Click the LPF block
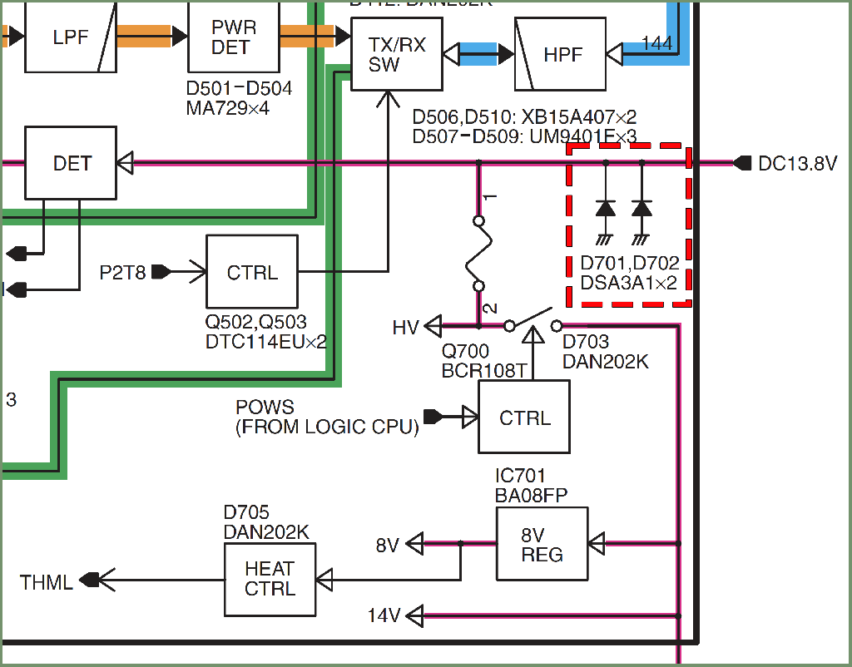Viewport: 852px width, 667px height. coord(70,37)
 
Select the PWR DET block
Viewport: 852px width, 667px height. coord(233,37)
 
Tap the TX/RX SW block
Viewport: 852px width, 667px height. coord(396,55)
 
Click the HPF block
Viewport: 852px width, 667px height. coord(561,54)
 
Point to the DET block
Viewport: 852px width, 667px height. coord(71,163)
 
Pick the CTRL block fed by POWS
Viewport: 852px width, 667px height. coord(524,417)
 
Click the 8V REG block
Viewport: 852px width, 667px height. coord(542,544)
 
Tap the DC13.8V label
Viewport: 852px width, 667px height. coord(797,164)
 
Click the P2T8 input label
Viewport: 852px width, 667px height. coord(122,271)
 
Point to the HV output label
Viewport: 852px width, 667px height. coord(405,328)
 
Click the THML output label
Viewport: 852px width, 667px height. coord(47,581)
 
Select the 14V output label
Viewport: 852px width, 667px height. coord(384,615)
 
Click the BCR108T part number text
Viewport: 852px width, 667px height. coord(484,371)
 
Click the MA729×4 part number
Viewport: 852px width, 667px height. coord(228,107)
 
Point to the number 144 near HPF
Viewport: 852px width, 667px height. coord(657,43)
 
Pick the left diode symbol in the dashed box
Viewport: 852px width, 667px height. coord(606,208)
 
